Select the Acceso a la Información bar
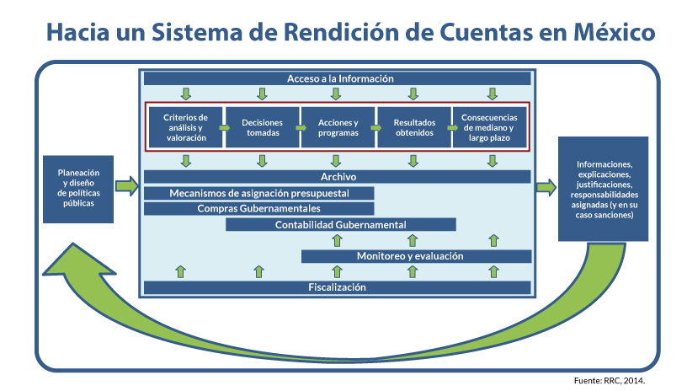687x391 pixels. [338, 78]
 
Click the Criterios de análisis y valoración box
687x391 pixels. [185, 127]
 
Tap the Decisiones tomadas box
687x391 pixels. [263, 127]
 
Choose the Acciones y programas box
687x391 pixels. [338, 127]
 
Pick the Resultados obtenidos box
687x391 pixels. [413, 127]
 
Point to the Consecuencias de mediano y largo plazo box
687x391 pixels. [489, 127]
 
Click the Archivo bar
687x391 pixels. [338, 177]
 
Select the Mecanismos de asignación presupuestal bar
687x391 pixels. [259, 193]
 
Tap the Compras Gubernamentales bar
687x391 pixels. [259, 208]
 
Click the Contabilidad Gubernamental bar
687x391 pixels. [341, 225]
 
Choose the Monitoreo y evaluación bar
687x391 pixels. [416, 256]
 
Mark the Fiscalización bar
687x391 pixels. [338, 287]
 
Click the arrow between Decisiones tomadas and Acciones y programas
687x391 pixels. [300, 127]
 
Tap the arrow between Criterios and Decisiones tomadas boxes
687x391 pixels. [224, 127]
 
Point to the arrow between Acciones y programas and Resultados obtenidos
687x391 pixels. [375, 127]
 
